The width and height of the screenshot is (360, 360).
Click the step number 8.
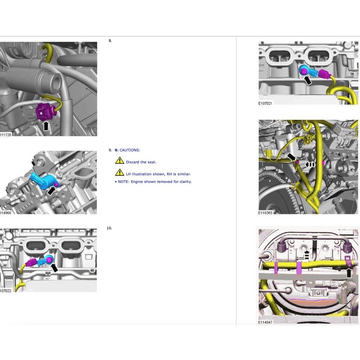pyautogui.click(x=110, y=41)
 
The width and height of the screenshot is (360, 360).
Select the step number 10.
pyautogui.click(x=109, y=228)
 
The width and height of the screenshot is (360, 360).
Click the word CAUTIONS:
pyautogui.click(x=130, y=150)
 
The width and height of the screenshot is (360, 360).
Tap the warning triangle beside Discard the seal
pyautogui.click(x=120, y=160)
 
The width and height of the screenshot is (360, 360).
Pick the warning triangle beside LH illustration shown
pyautogui.click(x=120, y=172)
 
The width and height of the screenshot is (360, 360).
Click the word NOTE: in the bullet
pyautogui.click(x=124, y=182)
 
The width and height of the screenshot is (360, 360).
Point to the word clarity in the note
pyautogui.click(x=185, y=182)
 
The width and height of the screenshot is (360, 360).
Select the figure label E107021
pyautogui.click(x=265, y=103)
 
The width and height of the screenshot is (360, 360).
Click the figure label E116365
pyautogui.click(x=265, y=213)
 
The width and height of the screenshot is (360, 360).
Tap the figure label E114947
pyautogui.click(x=265, y=322)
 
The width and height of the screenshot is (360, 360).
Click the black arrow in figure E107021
pyautogui.click(x=308, y=80)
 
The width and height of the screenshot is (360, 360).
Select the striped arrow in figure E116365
pyautogui.click(x=310, y=165)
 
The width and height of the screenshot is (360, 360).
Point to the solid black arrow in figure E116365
pyautogui.click(x=291, y=157)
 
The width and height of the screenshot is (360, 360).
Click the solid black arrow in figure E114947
pyautogui.click(x=349, y=273)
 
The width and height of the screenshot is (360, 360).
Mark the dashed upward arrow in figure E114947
pyautogui.click(x=307, y=255)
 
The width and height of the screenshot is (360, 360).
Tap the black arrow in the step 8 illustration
pyautogui.click(x=46, y=126)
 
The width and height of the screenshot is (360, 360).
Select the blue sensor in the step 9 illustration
pyautogui.click(x=43, y=181)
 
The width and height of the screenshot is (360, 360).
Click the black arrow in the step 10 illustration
pyautogui.click(x=54, y=268)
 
